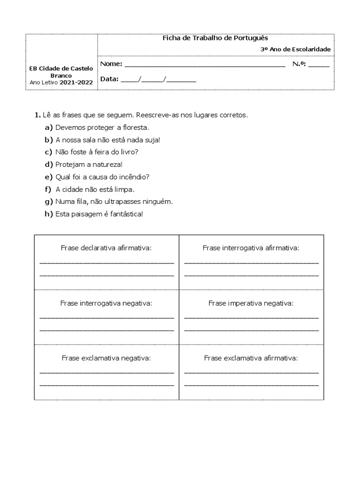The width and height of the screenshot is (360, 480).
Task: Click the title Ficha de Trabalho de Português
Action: (x=215, y=38)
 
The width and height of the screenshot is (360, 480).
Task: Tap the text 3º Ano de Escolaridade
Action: (x=295, y=49)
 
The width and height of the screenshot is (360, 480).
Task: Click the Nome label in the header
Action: (x=111, y=64)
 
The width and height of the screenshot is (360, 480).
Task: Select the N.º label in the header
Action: (x=299, y=64)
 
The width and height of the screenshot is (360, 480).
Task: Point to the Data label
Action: (x=109, y=79)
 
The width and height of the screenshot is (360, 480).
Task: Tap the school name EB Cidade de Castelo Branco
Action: (x=61, y=72)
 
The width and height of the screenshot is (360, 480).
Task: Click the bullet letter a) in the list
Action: (x=49, y=127)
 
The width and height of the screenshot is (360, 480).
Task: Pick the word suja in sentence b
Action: (x=151, y=140)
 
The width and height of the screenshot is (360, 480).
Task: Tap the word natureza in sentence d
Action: (x=107, y=165)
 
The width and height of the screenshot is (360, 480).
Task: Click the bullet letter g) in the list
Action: (x=49, y=202)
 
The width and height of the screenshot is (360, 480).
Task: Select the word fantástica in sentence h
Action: (x=124, y=214)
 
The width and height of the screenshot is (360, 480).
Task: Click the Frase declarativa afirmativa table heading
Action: (x=106, y=247)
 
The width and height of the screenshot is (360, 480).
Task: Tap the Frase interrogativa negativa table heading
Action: (x=106, y=303)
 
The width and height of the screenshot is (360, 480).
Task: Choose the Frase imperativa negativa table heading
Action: (x=251, y=303)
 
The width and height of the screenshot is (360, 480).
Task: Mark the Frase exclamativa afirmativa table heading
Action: (x=251, y=358)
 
